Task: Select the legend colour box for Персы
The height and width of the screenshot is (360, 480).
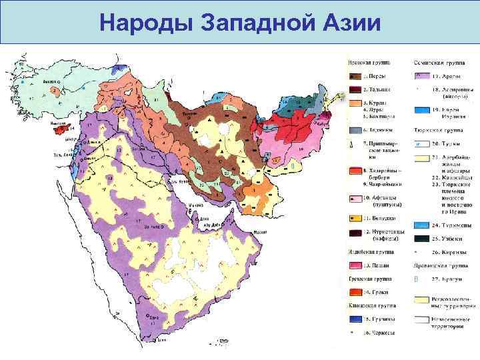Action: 353,76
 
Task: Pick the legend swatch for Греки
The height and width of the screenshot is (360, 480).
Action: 353,291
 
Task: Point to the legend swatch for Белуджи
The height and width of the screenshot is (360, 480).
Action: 353,218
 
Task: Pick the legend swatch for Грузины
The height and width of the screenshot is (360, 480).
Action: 353,318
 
